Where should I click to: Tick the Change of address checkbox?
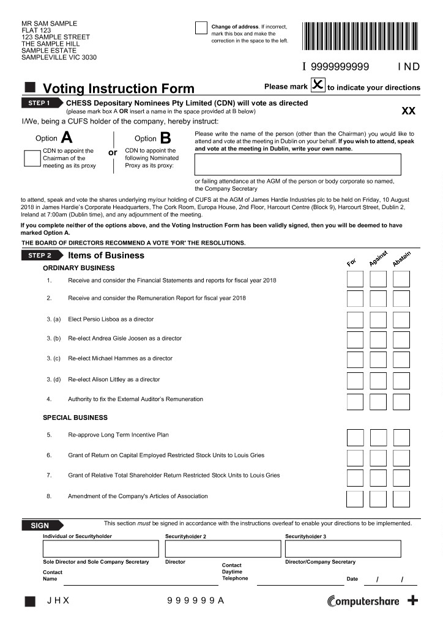tap(201, 28)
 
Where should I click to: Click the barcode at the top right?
tap(361, 35)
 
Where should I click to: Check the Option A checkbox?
tap(32, 158)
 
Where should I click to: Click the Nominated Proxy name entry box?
tap(297, 164)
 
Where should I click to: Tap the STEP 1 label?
tap(41, 103)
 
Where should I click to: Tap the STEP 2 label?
tap(41, 256)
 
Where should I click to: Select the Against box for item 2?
tap(378, 298)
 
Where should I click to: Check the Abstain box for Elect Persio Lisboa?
tap(401, 320)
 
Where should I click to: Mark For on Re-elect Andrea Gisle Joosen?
tap(355, 339)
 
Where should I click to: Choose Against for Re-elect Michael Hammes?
tap(378, 359)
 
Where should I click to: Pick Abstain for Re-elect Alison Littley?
tap(401, 380)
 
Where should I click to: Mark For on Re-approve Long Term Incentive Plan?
tap(355, 438)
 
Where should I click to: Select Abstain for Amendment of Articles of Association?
tap(401, 498)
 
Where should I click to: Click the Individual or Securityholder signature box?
tap(100, 548)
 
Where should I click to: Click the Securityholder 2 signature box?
tap(222, 548)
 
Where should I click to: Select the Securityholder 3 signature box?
tap(343, 548)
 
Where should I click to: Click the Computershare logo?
tap(363, 601)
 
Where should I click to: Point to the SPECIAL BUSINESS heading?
tap(75, 418)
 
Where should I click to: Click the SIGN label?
tap(41, 525)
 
